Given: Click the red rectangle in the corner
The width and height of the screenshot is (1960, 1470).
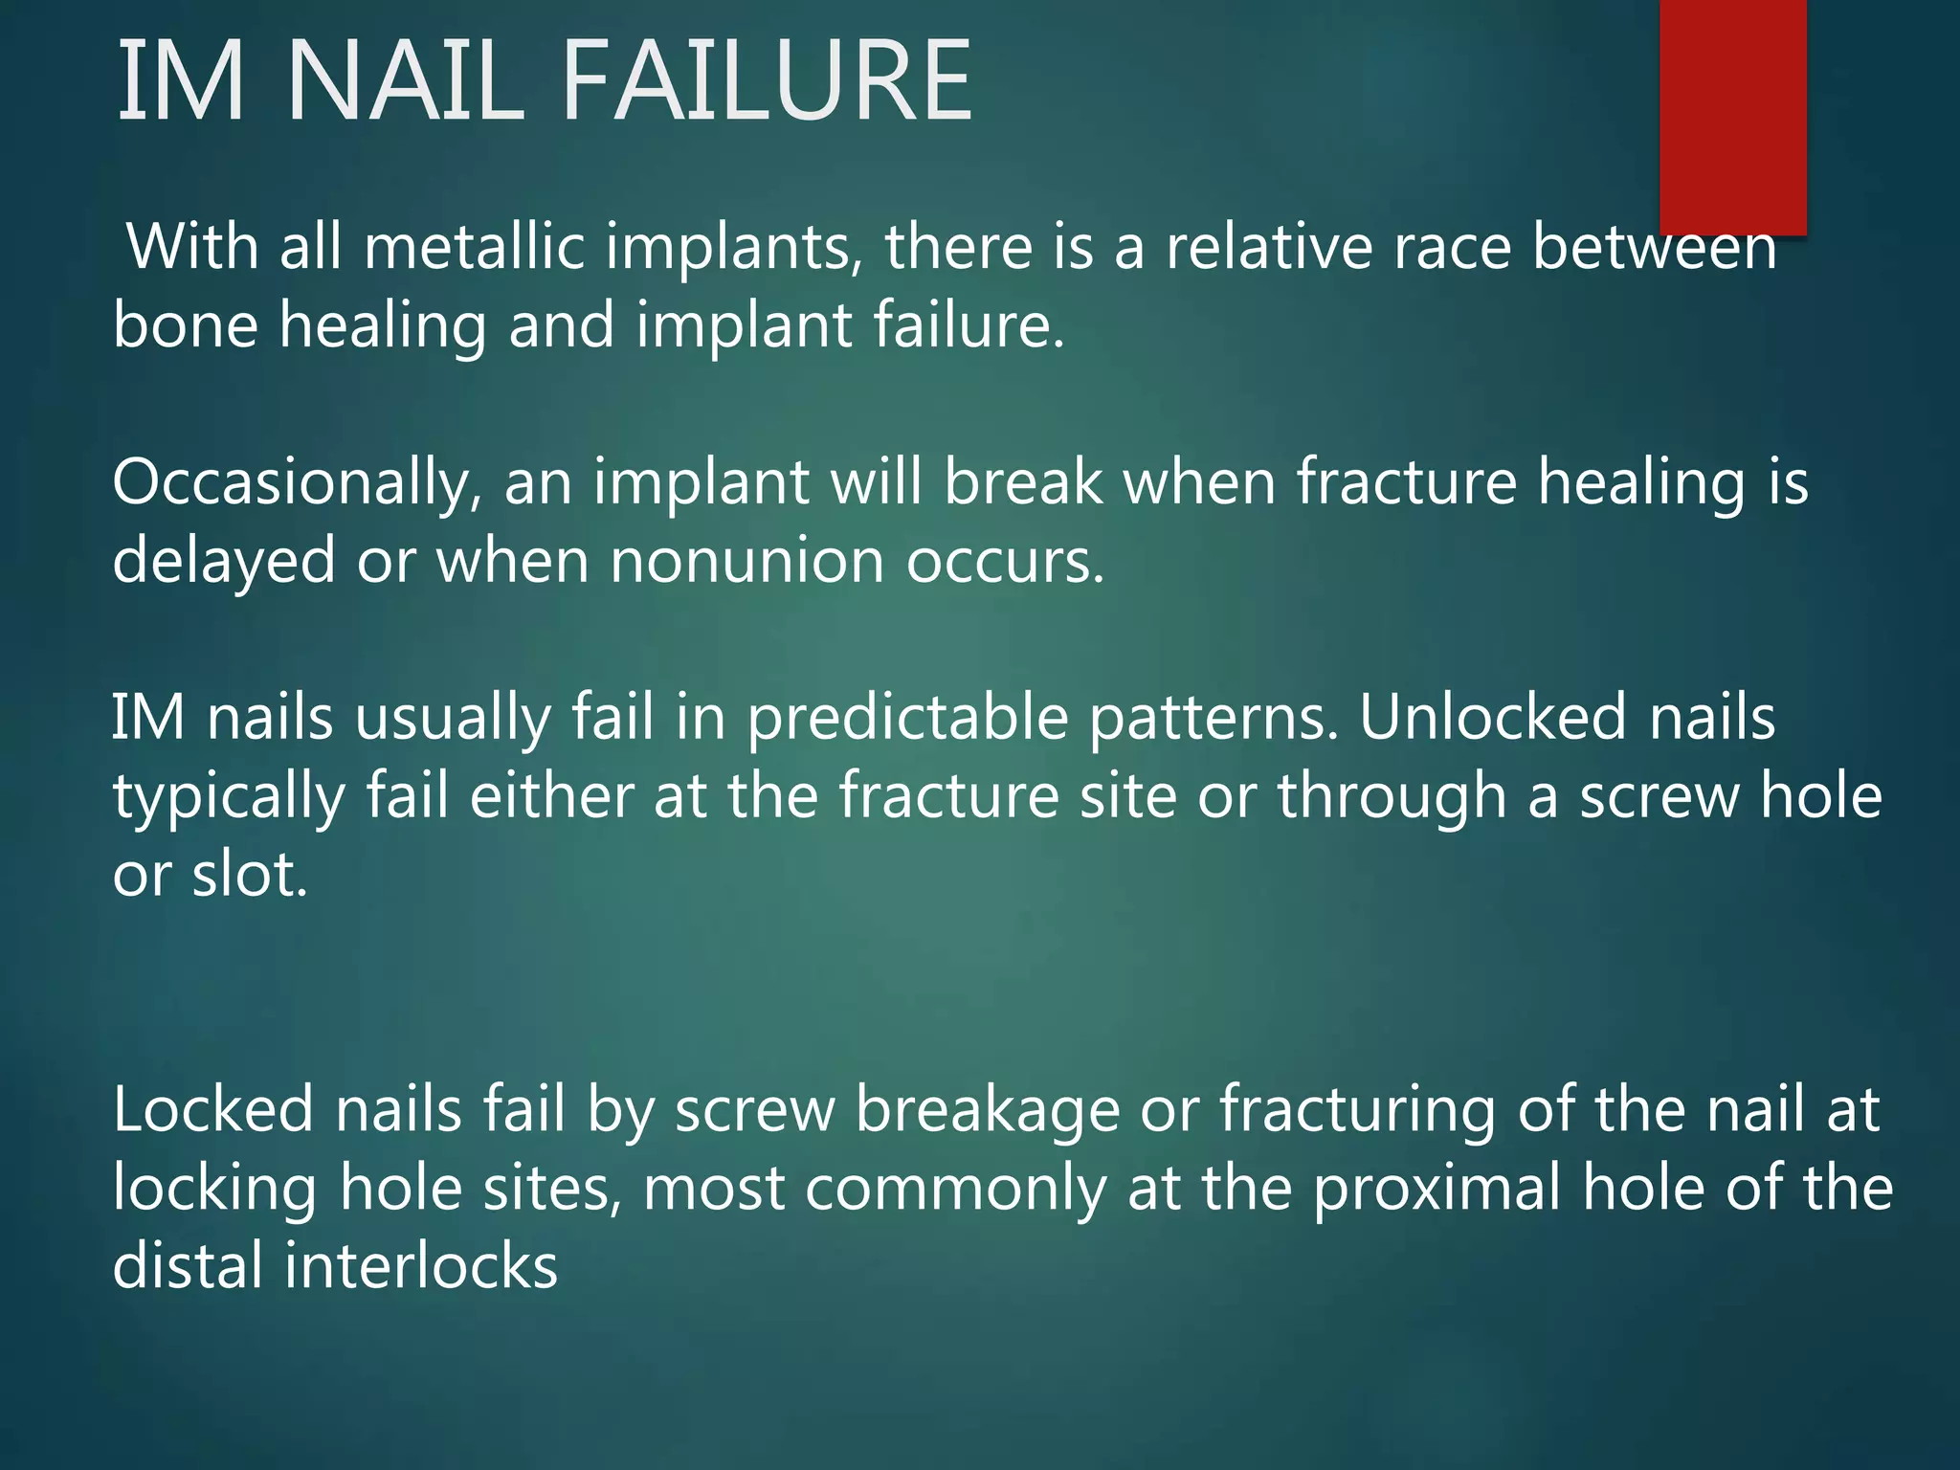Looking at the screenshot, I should pyautogui.click(x=1732, y=115).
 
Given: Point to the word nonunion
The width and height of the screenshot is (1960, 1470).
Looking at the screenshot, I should pyautogui.click(x=746, y=562).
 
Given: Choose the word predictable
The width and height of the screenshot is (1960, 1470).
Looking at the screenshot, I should pyautogui.click(x=906, y=718).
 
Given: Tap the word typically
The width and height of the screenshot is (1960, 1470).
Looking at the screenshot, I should pyautogui.click(x=229, y=798).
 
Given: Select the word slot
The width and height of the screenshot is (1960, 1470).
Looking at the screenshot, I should pyautogui.click(x=250, y=875).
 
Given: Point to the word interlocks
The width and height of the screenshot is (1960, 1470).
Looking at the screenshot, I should pyautogui.click(x=421, y=1267).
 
